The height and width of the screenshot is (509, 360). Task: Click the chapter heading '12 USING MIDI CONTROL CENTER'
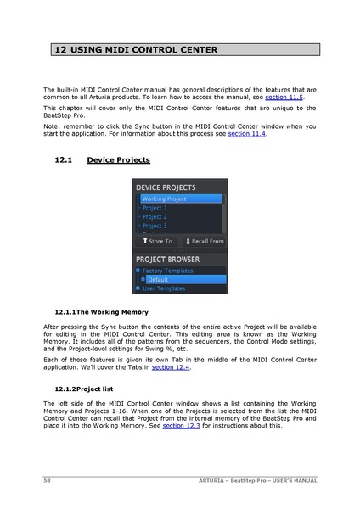click(136, 50)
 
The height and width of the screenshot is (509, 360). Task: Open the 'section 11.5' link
click(284, 98)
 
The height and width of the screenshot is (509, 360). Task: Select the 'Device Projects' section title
click(119, 159)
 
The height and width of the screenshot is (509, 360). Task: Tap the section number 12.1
click(64, 159)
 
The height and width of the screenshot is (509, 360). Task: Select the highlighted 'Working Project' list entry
click(165, 199)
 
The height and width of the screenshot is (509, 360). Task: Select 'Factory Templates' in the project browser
click(169, 270)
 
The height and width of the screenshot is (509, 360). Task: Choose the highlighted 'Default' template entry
click(158, 279)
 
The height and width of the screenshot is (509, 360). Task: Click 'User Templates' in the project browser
click(163, 288)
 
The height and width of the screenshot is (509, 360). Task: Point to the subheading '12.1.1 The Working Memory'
click(100, 312)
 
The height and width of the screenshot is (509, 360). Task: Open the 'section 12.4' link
click(171, 368)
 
